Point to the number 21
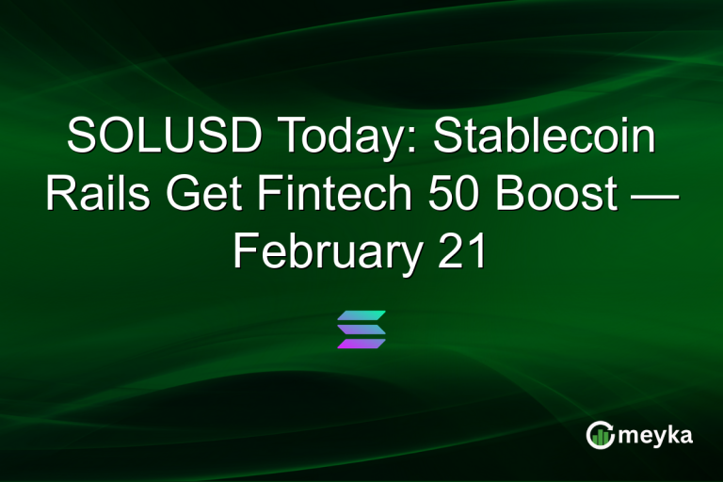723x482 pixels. tap(458, 252)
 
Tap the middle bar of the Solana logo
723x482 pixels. tap(361, 329)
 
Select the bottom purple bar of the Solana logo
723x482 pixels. tap(361, 344)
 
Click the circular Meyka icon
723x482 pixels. tap(600, 434)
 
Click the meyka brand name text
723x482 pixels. tap(657, 436)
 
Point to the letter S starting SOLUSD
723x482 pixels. tap(82, 138)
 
